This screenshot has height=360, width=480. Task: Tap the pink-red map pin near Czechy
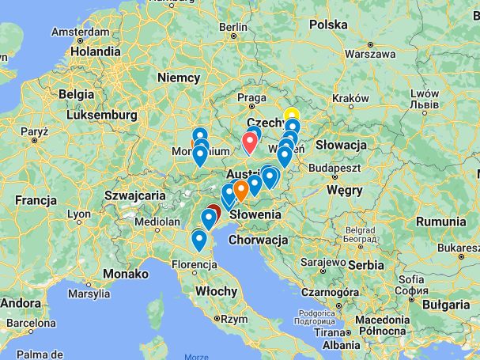click(251, 142)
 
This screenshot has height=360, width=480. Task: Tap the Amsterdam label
click(80, 33)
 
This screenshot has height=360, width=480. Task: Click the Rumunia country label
click(440, 222)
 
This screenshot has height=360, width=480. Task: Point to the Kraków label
click(350, 98)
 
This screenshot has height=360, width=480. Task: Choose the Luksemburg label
click(103, 115)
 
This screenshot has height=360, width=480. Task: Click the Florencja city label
click(194, 263)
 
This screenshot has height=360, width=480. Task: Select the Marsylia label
click(90, 294)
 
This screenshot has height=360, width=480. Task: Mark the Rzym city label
click(234, 320)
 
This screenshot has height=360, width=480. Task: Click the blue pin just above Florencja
click(199, 239)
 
